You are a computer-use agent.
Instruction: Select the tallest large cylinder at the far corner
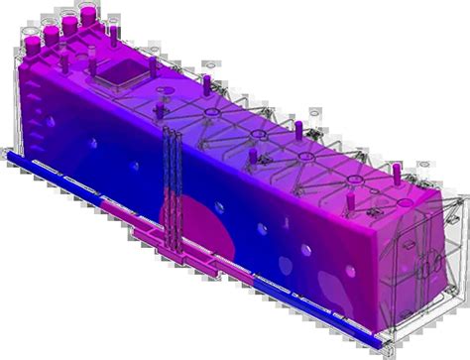88,14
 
